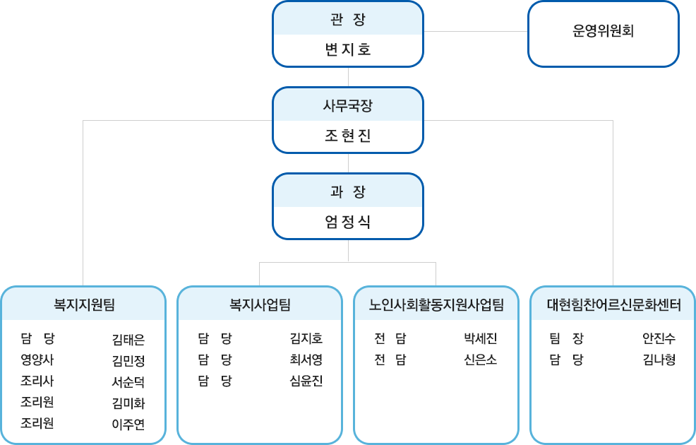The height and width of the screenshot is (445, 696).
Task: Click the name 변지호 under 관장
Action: [348, 49]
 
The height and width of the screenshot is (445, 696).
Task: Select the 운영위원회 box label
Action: [604, 30]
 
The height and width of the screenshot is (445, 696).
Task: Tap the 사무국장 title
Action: [348, 106]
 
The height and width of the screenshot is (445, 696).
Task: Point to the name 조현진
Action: [348, 136]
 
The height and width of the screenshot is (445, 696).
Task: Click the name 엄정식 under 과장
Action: [348, 222]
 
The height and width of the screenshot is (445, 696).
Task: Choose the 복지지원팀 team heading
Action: [84, 304]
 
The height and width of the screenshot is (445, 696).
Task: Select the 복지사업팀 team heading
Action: [260, 304]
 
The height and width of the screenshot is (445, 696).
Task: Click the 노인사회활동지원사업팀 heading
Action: [436, 304]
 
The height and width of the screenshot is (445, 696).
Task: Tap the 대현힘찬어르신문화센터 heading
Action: [614, 304]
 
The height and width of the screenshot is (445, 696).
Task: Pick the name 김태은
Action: [128, 340]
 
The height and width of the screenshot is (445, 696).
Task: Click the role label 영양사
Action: [37, 360]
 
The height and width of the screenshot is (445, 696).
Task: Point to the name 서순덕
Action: [128, 382]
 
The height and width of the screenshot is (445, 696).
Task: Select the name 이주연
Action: [128, 425]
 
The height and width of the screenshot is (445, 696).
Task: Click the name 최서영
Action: [306, 360]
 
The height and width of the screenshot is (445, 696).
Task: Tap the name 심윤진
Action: [306, 381]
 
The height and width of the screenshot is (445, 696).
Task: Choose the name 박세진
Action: [480, 339]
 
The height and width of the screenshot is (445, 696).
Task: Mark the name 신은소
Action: [480, 360]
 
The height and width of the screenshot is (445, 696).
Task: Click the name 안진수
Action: [659, 339]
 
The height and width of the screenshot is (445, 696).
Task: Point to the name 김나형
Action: [659, 360]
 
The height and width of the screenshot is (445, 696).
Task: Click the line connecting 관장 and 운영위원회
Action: [475, 32]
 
